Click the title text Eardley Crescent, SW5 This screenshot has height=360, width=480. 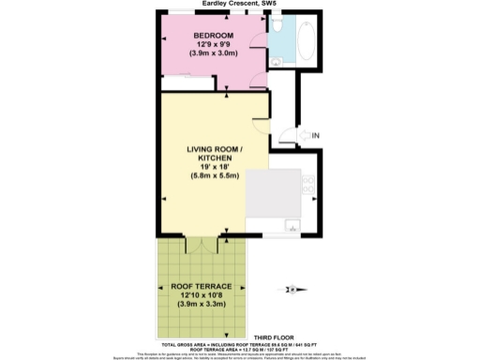[x=239, y=4]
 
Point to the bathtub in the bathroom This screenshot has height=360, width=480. [x=307, y=41]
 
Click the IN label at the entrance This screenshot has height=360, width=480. [x=315, y=138]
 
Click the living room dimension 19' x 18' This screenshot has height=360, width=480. [x=214, y=167]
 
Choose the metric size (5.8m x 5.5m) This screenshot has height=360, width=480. [x=214, y=176]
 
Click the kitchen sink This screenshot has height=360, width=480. [x=290, y=224]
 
